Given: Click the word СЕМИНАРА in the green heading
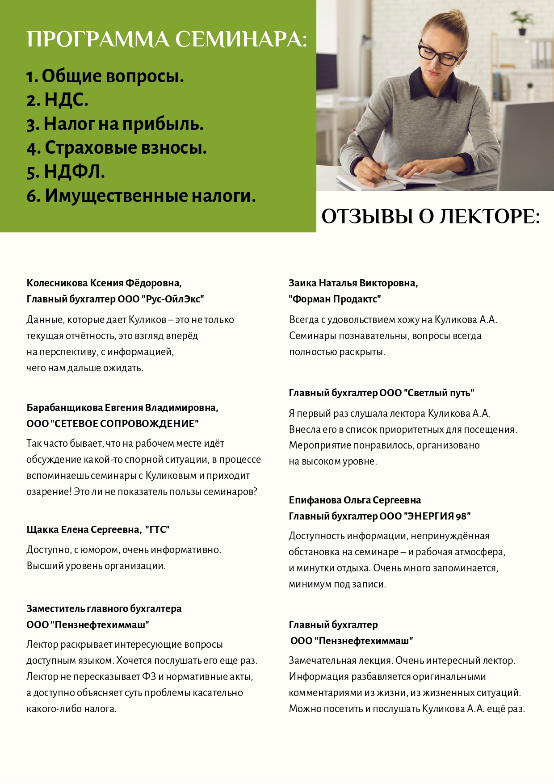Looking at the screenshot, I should [241, 39].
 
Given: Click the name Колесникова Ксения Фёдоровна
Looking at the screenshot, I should [104, 283].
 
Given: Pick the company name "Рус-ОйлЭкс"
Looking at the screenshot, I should [175, 299].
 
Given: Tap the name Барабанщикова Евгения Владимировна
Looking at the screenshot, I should [122, 408].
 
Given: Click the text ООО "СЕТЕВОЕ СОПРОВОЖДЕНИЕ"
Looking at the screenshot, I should [113, 423].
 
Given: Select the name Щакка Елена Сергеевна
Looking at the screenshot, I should [84, 530].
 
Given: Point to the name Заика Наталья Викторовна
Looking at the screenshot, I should [353, 283].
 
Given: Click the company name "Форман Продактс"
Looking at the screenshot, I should [335, 299].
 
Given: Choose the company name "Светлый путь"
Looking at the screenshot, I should [439, 393].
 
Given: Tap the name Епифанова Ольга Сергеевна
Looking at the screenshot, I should [355, 500].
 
